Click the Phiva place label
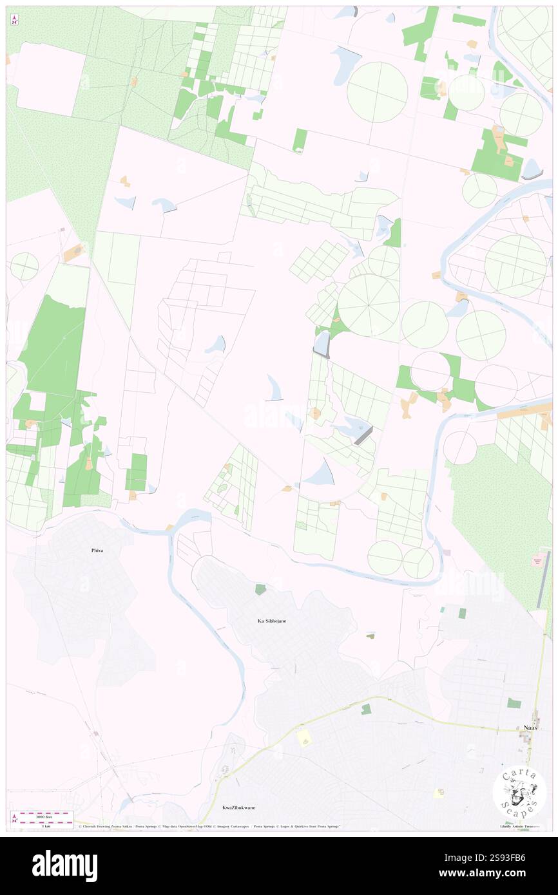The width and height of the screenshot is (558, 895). click(97, 551)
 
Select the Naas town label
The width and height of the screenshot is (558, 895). click(529, 728)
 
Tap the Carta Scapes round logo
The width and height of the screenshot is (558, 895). click(519, 792)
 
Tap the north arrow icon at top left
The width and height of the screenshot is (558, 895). click(14, 21)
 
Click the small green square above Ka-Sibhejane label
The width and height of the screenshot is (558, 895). click(260, 589)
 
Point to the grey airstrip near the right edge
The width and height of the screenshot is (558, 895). click(543, 578)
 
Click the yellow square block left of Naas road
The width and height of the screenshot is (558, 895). click(305, 738)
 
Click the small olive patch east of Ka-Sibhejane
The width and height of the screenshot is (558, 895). click(370, 636)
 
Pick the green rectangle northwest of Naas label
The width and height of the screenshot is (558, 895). click(513, 703)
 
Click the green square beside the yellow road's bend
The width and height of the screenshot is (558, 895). click(366, 709)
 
